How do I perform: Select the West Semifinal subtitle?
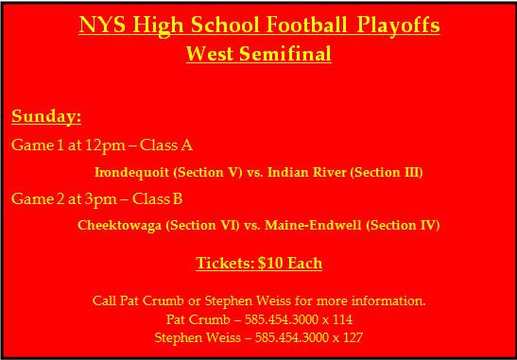pyautogui.click(x=258, y=54)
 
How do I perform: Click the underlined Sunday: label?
pyautogui.click(x=46, y=117)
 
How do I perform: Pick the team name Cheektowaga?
pyautogui.click(x=117, y=226)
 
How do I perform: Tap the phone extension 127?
pyautogui.click(x=353, y=337)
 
